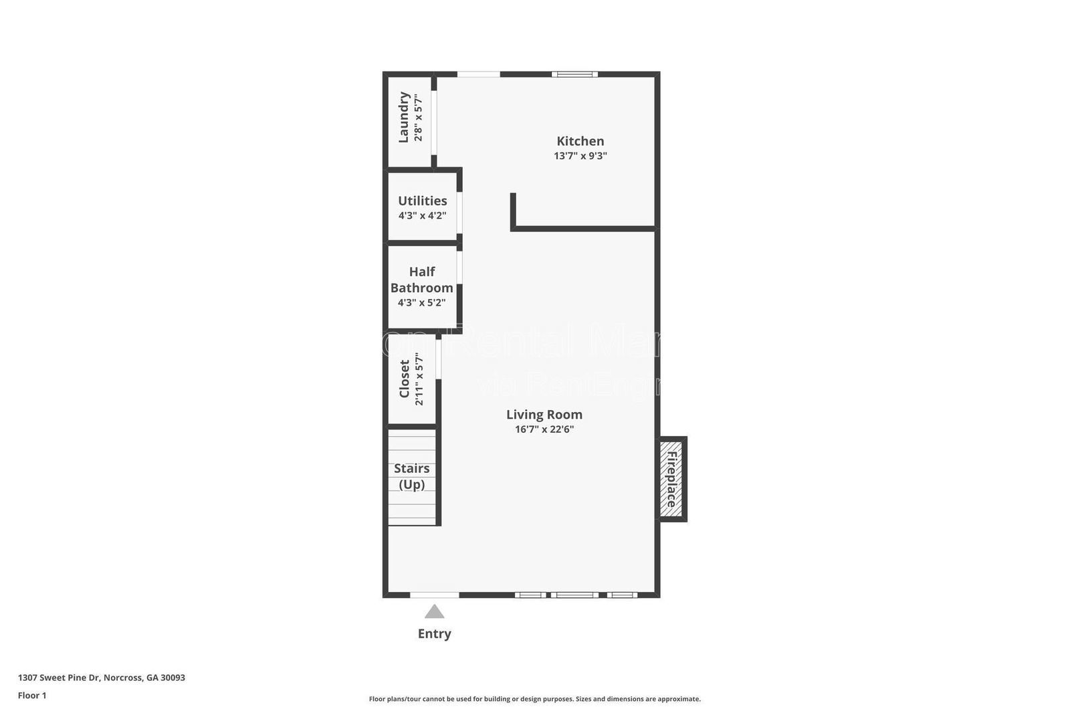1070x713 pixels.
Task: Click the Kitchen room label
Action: [x=580, y=141]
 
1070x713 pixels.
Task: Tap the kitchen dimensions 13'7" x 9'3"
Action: [x=580, y=156]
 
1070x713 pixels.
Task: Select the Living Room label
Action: [x=544, y=415]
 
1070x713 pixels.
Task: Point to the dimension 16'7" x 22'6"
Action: [x=544, y=429]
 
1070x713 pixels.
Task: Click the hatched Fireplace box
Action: [x=671, y=479]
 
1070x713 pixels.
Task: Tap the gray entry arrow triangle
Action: [x=434, y=611]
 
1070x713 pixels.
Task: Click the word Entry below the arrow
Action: [x=434, y=633]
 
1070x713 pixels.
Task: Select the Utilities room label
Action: [x=422, y=201]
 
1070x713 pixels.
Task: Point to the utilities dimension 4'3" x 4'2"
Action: [x=422, y=215]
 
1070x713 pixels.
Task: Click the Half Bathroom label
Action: [x=421, y=280]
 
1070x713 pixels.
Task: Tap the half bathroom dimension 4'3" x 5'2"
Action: [x=421, y=302]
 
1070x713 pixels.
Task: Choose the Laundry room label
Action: [x=403, y=117]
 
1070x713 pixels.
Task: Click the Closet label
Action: [x=404, y=379]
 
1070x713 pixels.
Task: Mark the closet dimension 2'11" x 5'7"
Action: [x=419, y=379]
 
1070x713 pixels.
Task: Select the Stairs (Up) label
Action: [x=411, y=476]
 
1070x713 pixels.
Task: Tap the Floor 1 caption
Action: [x=32, y=696]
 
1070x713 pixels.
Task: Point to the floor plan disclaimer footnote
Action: [x=534, y=699]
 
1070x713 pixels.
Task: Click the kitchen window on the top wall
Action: [x=574, y=74]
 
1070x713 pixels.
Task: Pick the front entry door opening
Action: [x=434, y=595]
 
